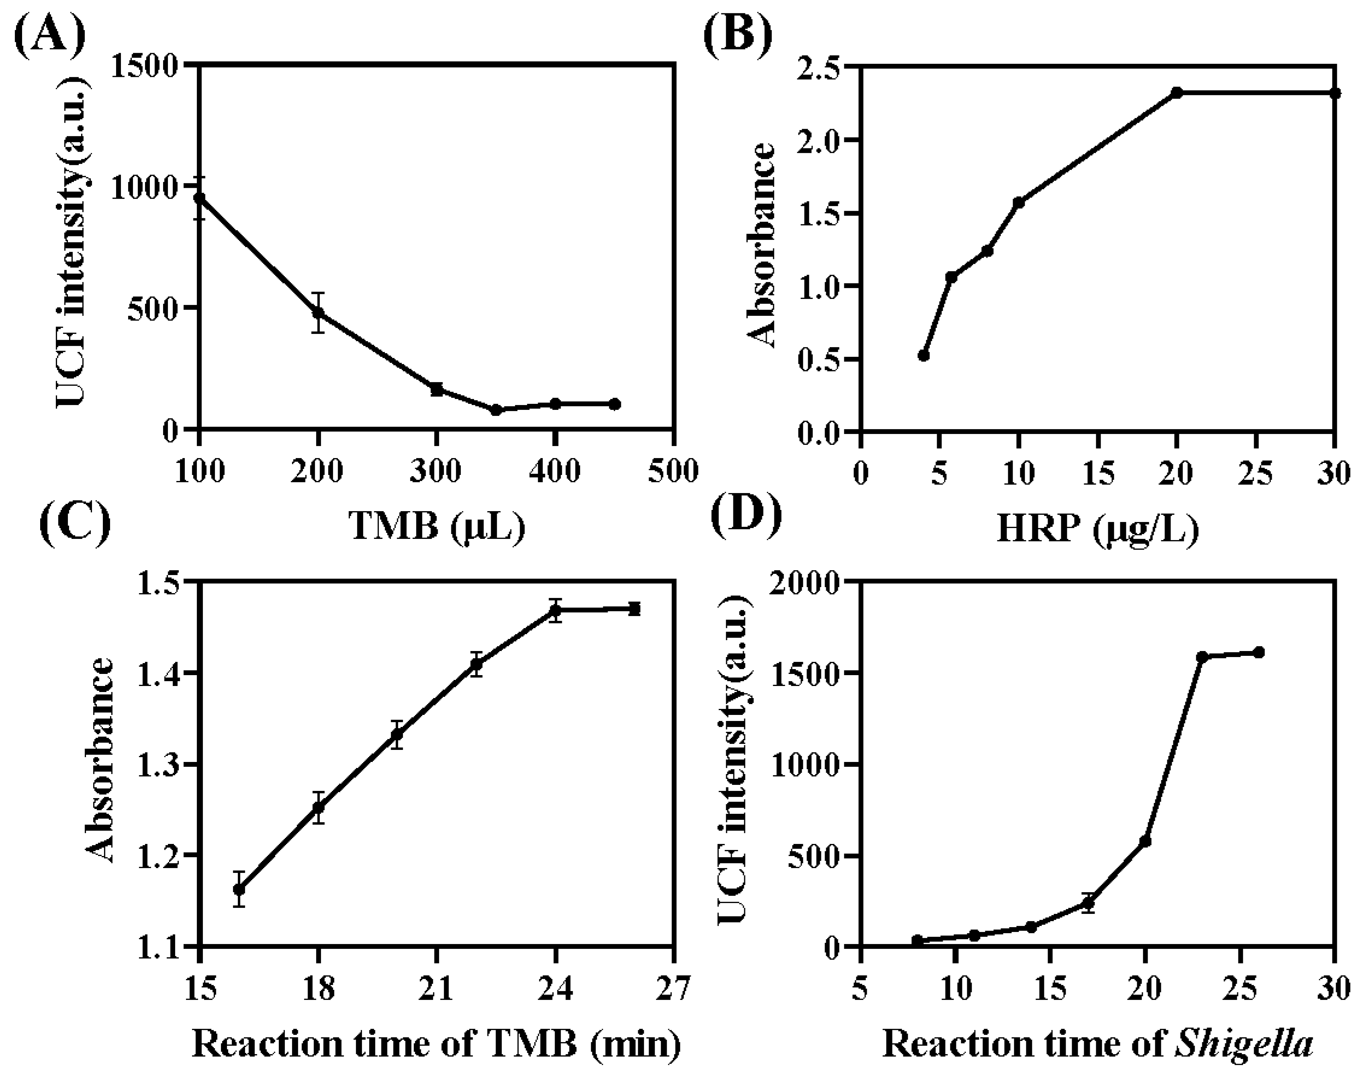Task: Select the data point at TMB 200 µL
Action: click(318, 312)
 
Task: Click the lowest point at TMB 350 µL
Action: click(496, 410)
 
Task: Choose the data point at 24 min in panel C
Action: click(555, 610)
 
